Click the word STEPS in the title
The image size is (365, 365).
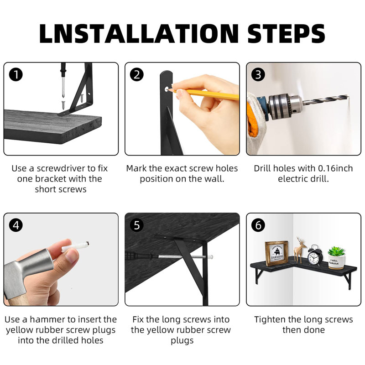point(286,33)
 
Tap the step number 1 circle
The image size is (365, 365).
point(16,75)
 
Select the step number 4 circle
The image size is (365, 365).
point(16,225)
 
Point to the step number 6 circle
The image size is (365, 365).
point(258,225)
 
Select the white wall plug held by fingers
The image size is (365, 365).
point(75,246)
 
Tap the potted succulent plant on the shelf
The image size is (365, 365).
point(336,258)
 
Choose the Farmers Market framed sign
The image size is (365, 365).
point(277,254)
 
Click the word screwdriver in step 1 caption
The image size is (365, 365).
point(61,168)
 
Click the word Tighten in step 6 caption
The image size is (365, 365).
point(270,320)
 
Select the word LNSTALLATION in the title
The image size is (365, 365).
point(139,33)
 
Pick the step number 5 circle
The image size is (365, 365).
point(137,225)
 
